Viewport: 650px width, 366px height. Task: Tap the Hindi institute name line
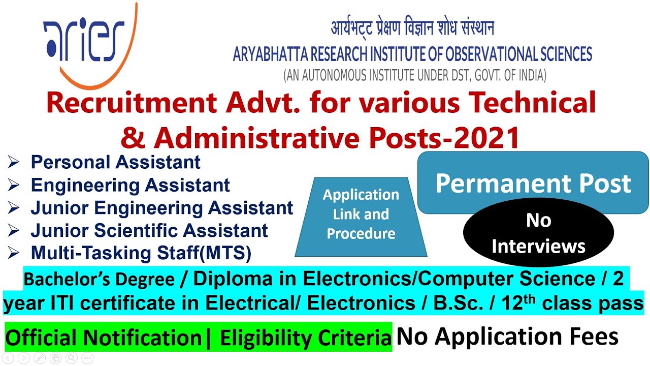coord(412,28)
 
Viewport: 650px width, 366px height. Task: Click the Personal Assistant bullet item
coord(115,162)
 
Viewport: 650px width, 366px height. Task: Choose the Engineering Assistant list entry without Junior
coord(130,185)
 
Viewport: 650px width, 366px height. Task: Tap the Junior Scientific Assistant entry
coord(149,230)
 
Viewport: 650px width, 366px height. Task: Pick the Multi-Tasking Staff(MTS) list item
coord(141,253)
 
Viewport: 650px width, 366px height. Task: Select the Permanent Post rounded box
coord(533,184)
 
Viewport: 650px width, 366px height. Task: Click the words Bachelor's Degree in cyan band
coord(99,279)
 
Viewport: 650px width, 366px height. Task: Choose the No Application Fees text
coord(507,337)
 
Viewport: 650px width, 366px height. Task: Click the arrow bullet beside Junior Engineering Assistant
coord(14,208)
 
